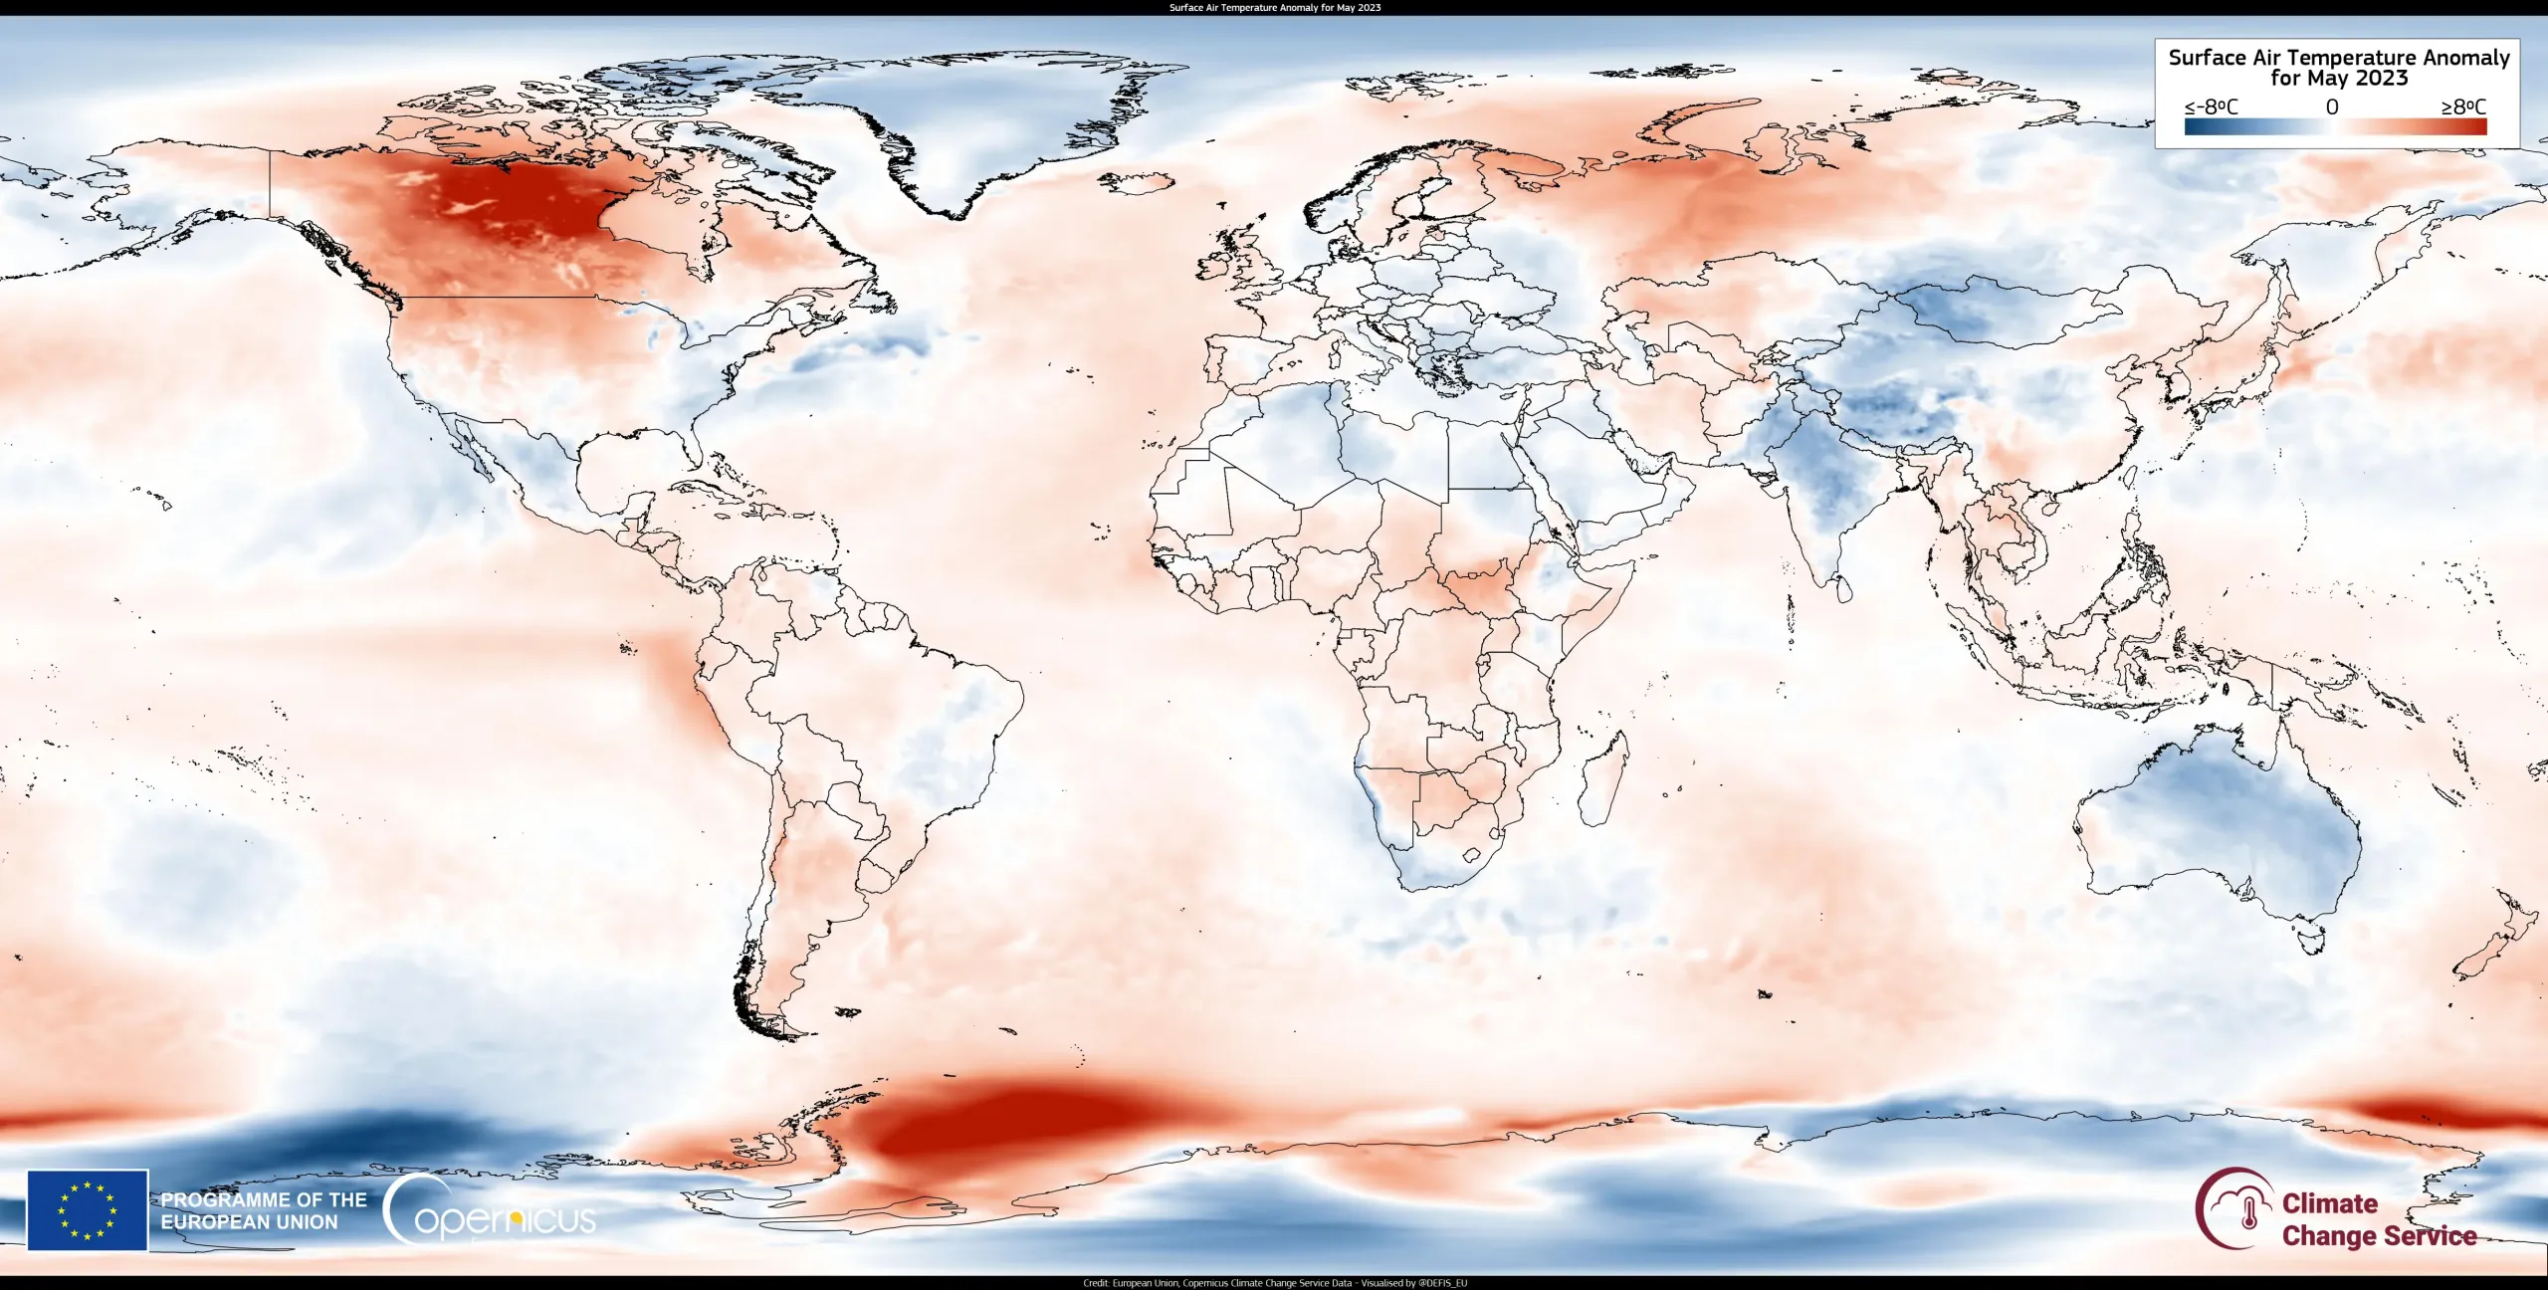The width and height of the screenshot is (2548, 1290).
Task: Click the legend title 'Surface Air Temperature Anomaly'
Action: click(x=2338, y=58)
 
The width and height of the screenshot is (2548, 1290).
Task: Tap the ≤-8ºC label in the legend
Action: click(x=2211, y=107)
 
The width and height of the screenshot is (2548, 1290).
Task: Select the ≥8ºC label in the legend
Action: click(x=2463, y=107)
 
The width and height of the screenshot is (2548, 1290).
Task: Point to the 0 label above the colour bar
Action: click(x=2331, y=107)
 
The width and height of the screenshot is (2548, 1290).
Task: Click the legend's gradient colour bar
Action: click(x=2335, y=126)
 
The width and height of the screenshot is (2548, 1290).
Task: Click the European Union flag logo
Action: click(x=88, y=1209)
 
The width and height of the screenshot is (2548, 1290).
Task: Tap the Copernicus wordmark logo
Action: click(x=491, y=1210)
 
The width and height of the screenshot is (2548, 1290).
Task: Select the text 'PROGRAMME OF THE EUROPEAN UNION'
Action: click(x=264, y=1210)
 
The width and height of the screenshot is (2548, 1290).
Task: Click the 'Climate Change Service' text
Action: click(x=2379, y=1219)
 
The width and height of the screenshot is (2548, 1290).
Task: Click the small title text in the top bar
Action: click(x=1274, y=7)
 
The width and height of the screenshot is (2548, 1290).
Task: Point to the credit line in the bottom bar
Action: click(x=1274, y=1283)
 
